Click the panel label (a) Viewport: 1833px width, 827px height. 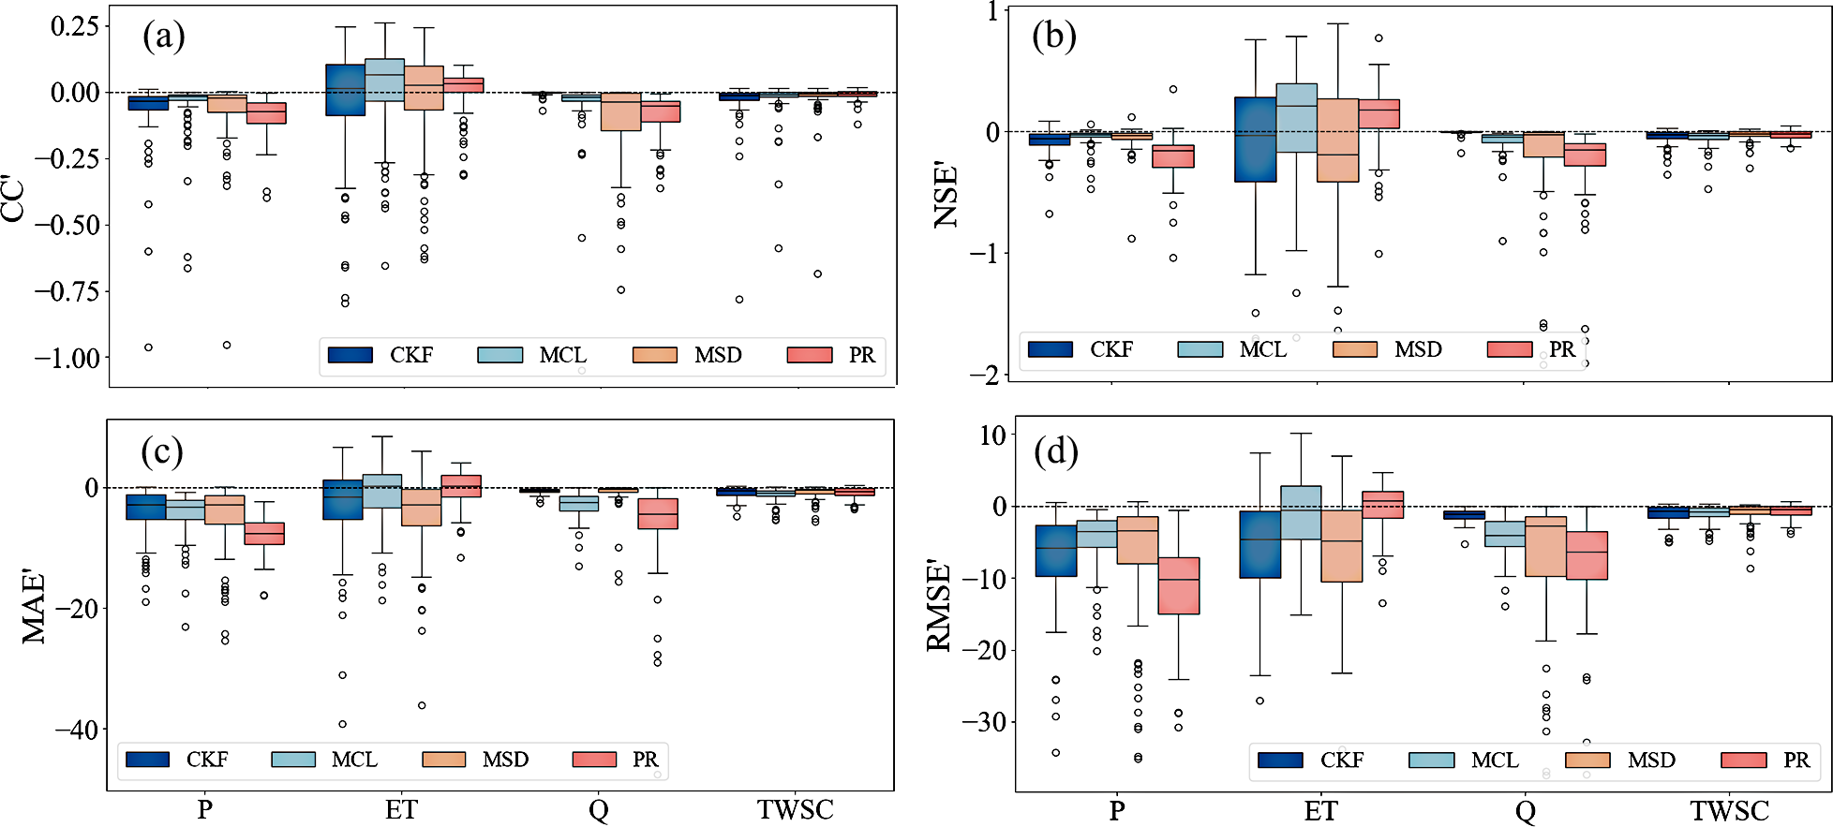163,37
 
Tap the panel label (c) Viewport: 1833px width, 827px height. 161,451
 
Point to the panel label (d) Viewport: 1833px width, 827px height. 1055,451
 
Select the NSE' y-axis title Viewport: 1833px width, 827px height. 946,196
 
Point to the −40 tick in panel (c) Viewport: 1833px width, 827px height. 77,730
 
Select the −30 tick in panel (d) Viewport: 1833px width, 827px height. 983,722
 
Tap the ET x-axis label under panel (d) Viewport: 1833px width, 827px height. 1320,811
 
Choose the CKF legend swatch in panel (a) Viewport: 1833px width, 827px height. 350,355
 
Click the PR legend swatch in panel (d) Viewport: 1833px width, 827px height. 1744,760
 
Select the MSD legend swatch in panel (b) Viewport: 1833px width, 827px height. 1354,349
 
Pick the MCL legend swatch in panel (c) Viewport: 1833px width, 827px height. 293,759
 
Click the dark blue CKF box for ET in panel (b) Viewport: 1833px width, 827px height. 1255,140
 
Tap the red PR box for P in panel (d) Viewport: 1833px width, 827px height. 1178,585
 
